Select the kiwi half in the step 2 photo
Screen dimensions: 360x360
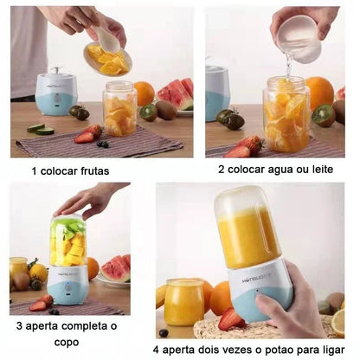[325, 115]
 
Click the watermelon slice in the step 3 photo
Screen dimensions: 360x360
[116, 269]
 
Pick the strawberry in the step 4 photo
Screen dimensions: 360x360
[231, 320]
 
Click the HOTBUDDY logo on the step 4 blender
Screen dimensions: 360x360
[256, 278]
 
